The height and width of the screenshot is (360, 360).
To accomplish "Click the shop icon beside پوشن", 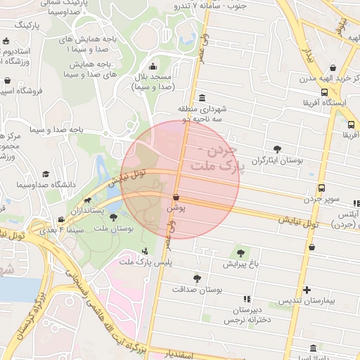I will tap(175, 198).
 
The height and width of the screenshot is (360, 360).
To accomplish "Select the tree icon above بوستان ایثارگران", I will tap(278, 149).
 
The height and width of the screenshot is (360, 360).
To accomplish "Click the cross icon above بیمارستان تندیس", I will tap(307, 290).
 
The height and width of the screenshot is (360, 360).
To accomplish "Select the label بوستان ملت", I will tap(113, 229).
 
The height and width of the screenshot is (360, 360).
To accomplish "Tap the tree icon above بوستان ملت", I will tap(114, 218).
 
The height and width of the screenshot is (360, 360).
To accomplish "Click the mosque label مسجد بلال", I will tap(153, 80).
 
